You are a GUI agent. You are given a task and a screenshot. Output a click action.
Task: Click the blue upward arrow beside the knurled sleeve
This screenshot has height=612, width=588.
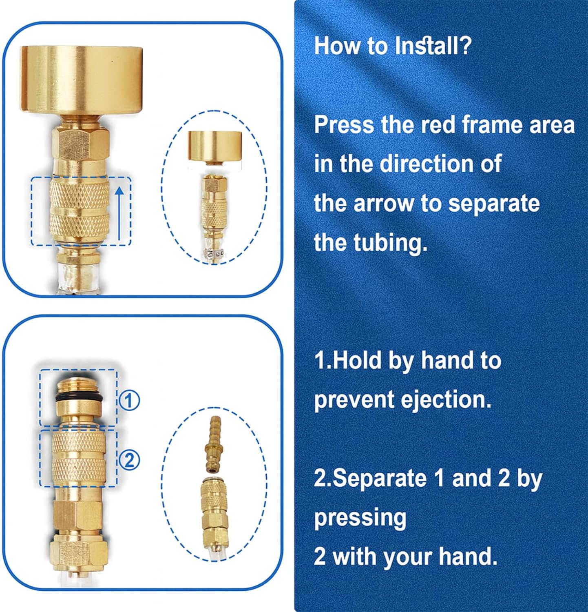pyautogui.click(x=119, y=212)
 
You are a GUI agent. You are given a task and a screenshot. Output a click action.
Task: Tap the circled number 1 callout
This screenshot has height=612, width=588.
pyautogui.click(x=129, y=401)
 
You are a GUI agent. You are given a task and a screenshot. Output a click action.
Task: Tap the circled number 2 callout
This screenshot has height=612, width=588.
pyautogui.click(x=129, y=460)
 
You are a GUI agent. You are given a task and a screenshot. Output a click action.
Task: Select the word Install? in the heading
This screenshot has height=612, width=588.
pyautogui.click(x=433, y=45)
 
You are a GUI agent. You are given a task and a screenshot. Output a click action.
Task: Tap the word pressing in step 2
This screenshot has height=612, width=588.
pyautogui.click(x=360, y=519)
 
